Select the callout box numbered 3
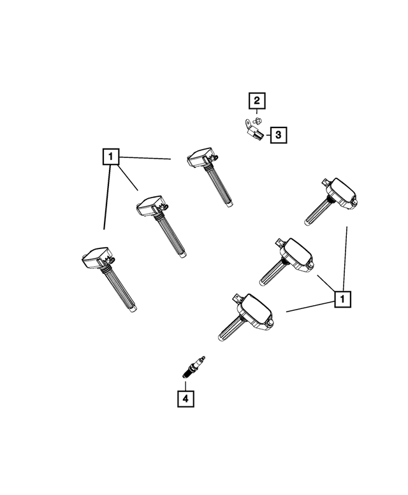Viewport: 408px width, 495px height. click(278, 135)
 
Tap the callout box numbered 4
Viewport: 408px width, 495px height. click(185, 399)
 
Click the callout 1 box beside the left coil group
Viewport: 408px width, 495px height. click(111, 155)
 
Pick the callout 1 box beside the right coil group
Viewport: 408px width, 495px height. click(343, 298)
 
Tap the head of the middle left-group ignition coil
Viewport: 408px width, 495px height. click(152, 205)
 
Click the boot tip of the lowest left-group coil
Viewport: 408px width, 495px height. click(131, 310)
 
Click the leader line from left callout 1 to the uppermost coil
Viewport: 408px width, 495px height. click(146, 157)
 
